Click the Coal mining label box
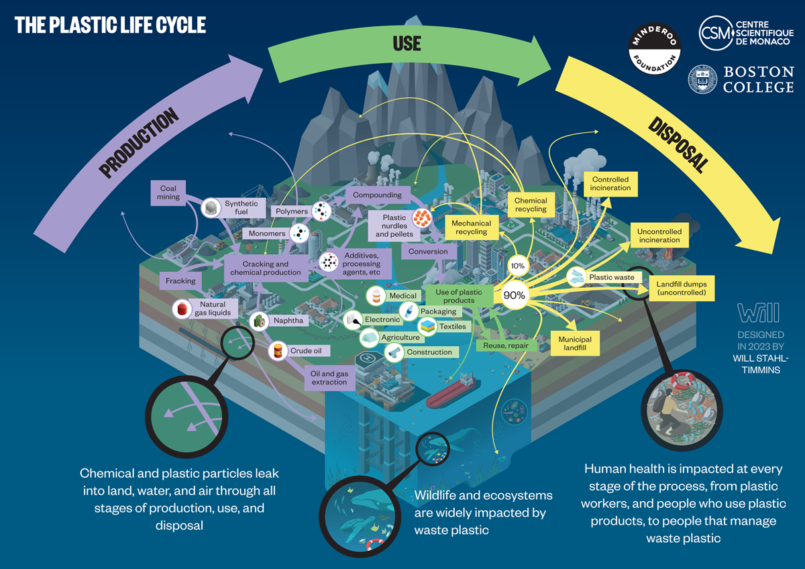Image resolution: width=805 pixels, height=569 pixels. pos(168,193)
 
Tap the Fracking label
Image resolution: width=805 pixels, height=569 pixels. pos(180,281)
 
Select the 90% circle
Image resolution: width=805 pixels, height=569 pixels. pos(515,295)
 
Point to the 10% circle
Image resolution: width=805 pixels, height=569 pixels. pos(518,266)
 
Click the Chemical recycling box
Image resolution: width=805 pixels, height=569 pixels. pos(531,205)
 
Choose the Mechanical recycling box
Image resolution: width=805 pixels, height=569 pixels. pos(472,227)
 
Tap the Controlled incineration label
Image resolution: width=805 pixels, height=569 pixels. pos(610,184)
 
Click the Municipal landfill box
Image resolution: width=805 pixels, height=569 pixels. pos(575,344)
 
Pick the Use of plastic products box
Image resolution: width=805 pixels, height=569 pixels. pos(458,296)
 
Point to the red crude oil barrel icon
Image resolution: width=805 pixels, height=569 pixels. pos(277,350)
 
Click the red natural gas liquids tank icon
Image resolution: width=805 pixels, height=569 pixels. pos(181,309)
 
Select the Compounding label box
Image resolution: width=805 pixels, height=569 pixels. pos(378,195)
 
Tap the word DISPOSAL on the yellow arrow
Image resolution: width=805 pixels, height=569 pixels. pos(678,144)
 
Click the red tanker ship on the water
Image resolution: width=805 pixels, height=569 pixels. pos(451,391)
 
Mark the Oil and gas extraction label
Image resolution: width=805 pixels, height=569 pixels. pos(329,378)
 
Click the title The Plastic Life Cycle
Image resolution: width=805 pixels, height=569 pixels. pos(110,25)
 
